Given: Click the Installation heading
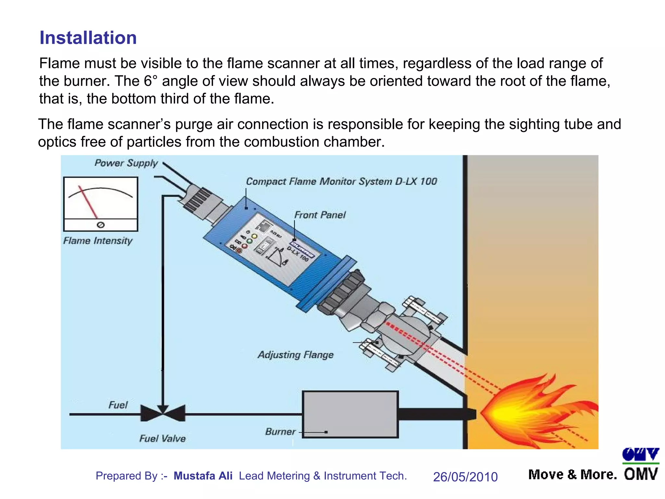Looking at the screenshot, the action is [88, 38].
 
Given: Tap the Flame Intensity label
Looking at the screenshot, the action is [98, 241].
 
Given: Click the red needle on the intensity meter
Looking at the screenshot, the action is [88, 202].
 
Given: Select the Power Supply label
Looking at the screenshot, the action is [126, 163].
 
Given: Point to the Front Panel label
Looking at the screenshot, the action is [320, 215].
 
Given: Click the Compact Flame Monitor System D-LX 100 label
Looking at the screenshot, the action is [341, 181].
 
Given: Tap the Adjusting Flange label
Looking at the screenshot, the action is [295, 354].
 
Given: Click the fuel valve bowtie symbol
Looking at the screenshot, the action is [163, 413].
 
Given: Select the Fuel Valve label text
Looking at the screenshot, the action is [162, 439].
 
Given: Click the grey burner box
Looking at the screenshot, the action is [350, 414].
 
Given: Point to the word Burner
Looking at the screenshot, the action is [280, 432].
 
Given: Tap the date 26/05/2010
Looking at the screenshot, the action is [465, 477].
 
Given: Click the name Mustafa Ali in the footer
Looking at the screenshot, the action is [203, 476].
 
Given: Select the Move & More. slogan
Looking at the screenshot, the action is [572, 475].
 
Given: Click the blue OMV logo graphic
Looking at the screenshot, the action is [640, 454].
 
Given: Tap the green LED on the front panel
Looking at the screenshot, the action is [249, 241].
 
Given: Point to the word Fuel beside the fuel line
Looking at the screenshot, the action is [118, 405].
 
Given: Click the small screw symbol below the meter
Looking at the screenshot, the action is [101, 225].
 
